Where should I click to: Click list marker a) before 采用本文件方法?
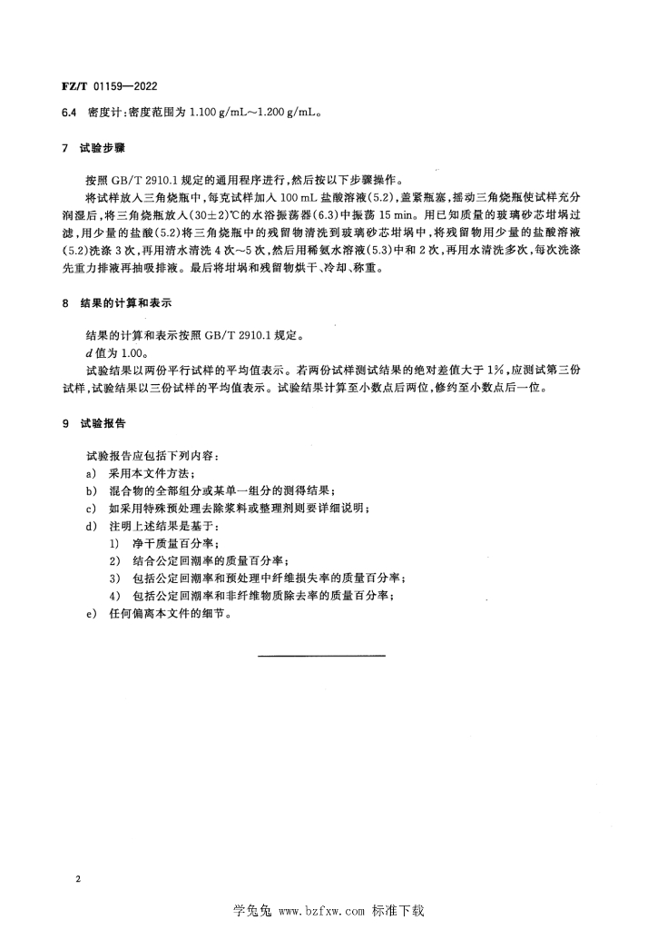point(90,473)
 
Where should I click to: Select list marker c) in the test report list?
point(90,508)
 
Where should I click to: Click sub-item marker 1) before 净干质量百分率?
point(113,543)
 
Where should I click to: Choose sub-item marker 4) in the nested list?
point(113,595)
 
